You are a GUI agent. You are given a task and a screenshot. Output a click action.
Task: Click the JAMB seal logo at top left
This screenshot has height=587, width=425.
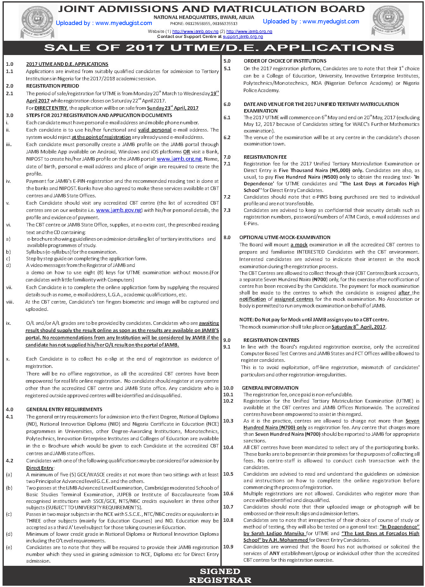[x=36, y=22]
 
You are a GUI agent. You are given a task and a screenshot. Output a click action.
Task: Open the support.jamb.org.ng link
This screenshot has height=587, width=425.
[x=243, y=37]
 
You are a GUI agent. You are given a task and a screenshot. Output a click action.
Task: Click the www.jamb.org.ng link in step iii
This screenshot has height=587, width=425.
[x=179, y=159]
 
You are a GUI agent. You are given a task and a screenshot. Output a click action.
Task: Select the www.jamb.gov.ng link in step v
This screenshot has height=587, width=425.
[x=119, y=210]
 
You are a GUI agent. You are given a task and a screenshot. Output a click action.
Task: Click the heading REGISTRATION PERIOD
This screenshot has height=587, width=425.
[x=52, y=86]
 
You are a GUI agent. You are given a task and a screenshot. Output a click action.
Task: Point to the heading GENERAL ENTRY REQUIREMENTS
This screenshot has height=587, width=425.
[x=64, y=410]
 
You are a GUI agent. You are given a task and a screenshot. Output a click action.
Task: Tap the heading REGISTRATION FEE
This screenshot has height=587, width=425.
[x=265, y=157]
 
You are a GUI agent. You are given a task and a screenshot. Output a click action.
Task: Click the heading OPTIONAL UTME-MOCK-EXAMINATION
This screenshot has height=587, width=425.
[x=285, y=238]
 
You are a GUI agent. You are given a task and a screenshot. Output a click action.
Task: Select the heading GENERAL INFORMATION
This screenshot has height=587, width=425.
[x=270, y=388]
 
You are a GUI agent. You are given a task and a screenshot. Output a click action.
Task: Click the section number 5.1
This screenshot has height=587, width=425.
[x=227, y=69]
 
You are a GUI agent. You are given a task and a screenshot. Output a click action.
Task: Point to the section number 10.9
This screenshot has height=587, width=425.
[x=228, y=547]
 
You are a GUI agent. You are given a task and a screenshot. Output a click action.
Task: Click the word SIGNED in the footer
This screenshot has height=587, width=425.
[x=220, y=572]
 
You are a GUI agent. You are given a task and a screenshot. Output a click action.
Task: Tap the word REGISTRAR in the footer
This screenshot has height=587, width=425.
[x=220, y=580]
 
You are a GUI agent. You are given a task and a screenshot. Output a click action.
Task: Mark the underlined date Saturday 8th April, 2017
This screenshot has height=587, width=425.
[x=359, y=327]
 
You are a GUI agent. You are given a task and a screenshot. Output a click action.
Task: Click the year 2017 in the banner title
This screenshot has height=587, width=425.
[x=145, y=48]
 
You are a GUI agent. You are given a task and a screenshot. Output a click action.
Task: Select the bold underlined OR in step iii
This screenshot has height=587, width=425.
[x=187, y=152]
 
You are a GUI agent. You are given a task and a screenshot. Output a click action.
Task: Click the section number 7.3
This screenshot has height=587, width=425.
[x=227, y=210]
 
